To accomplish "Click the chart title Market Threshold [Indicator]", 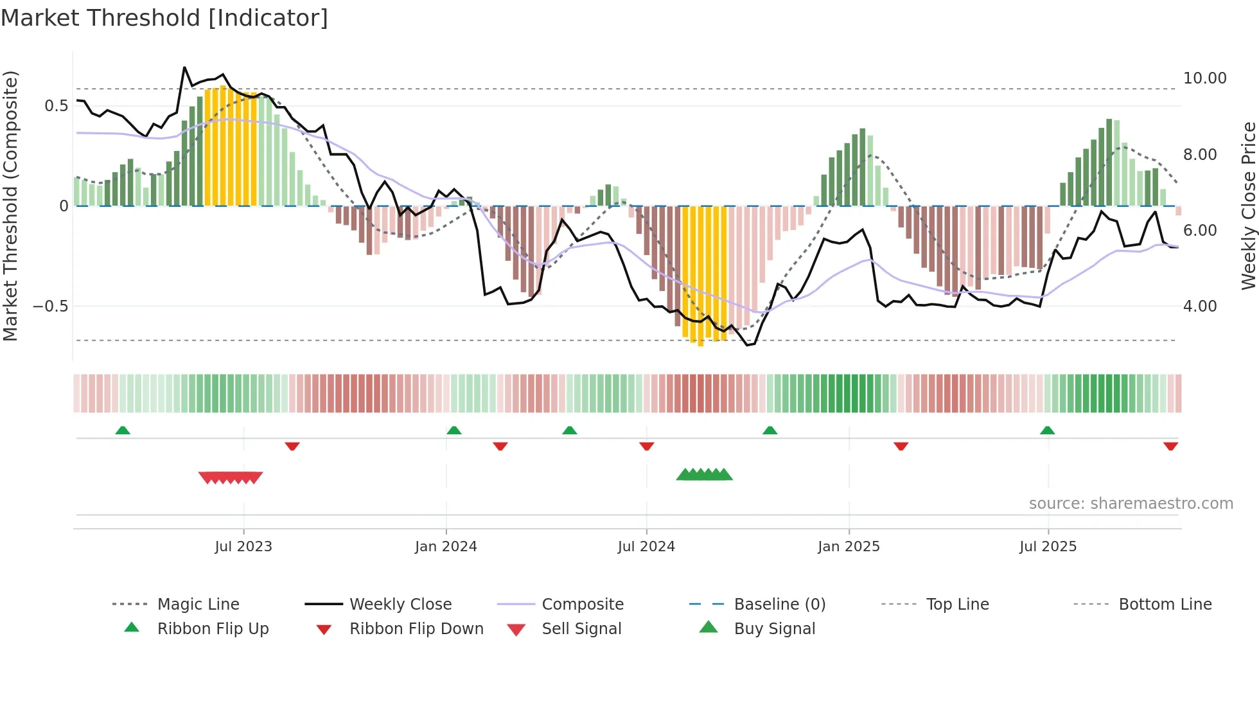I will tap(164, 18).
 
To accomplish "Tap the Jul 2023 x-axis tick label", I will tap(243, 547).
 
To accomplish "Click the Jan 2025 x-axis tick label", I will tap(849, 547).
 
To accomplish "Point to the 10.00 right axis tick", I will tap(1204, 78).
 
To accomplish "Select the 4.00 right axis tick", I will tap(1200, 306).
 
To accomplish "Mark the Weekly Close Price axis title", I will tap(1248, 206).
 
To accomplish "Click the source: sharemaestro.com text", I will tap(1131, 504).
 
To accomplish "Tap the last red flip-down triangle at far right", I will tap(1170, 446).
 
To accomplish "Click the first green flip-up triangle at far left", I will tap(123, 430).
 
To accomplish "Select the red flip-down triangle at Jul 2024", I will tap(647, 446).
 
